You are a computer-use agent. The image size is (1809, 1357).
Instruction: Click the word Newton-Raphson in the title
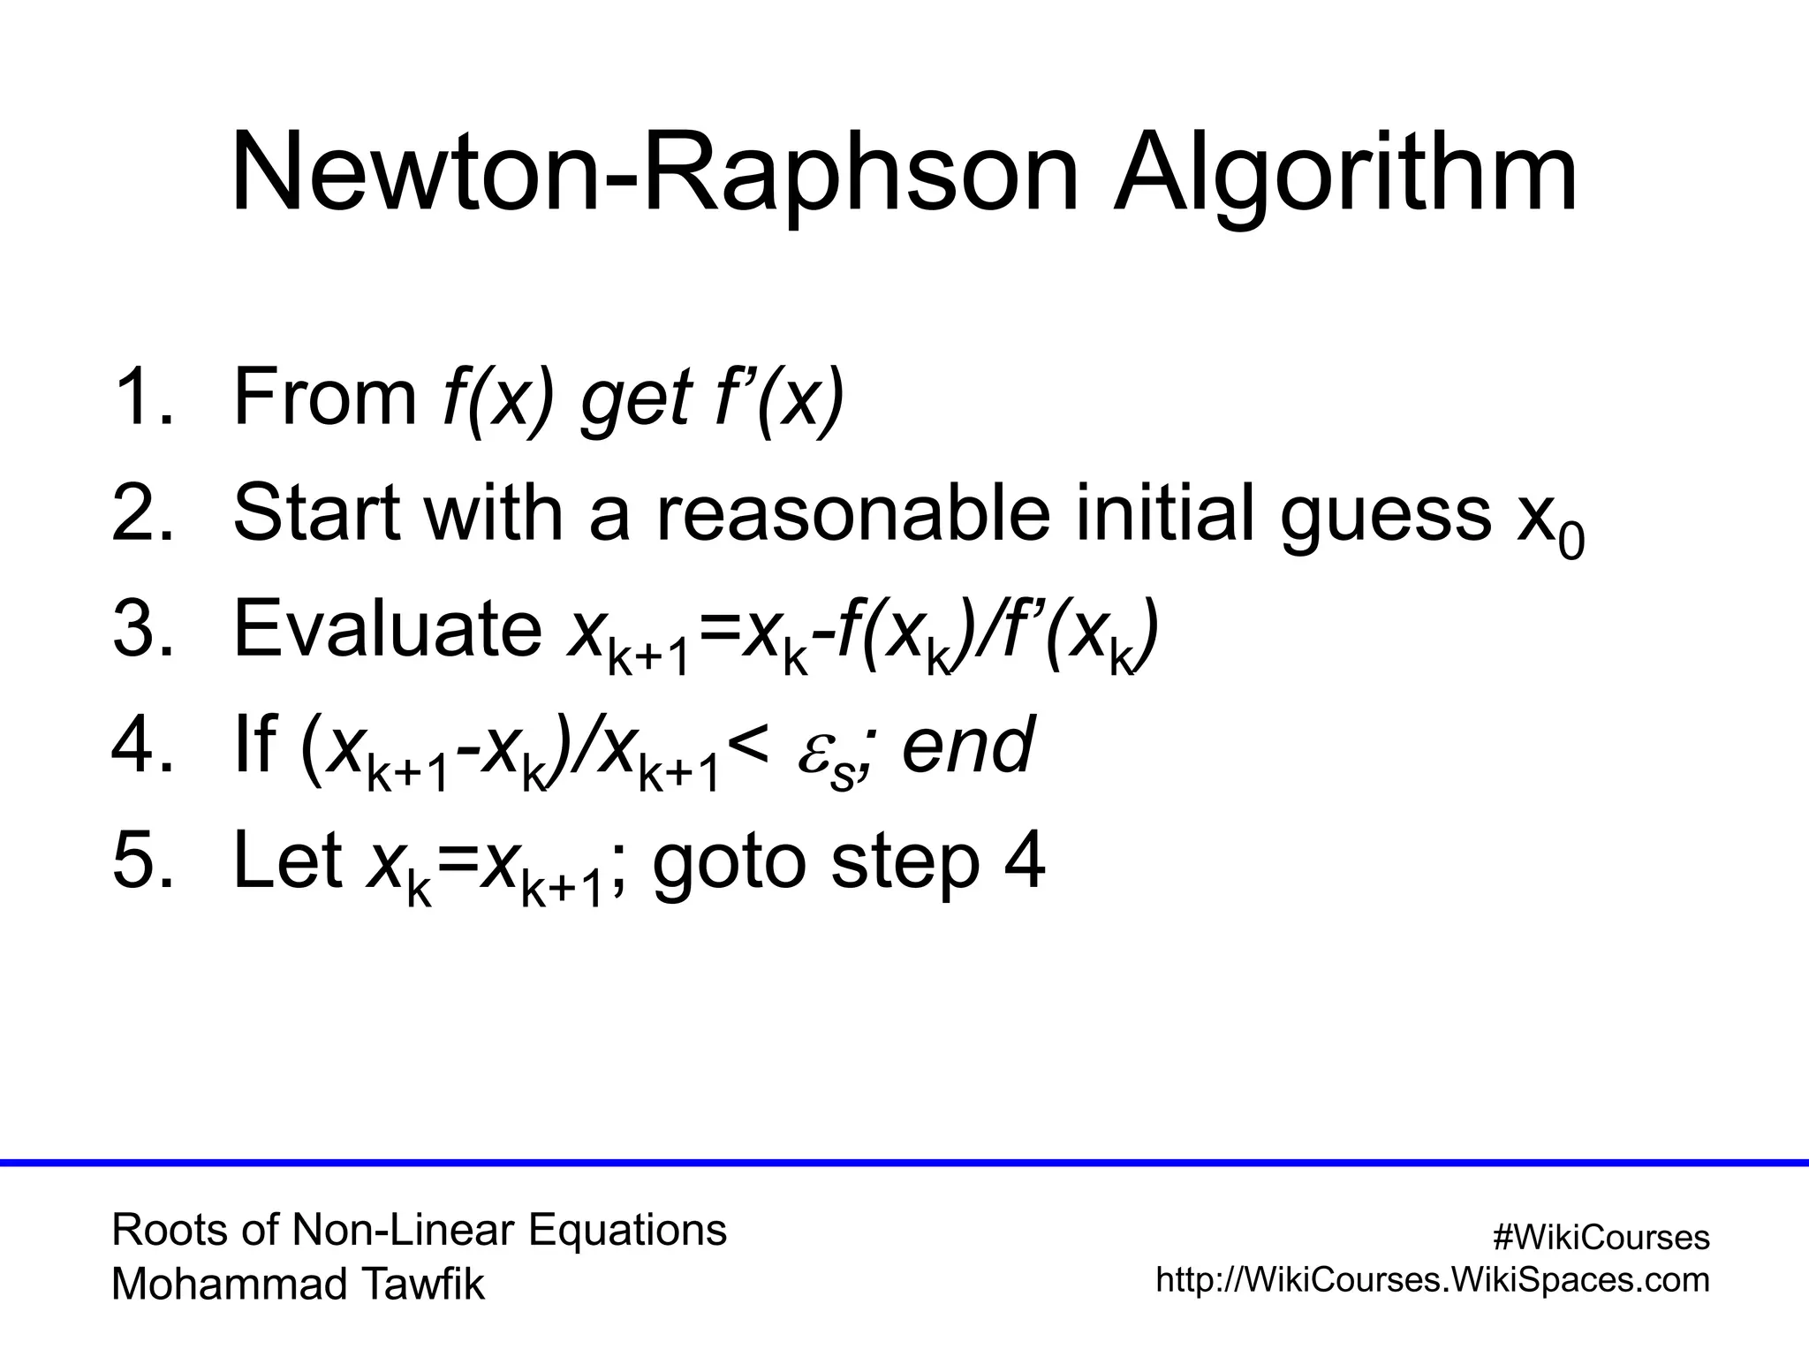click(655, 174)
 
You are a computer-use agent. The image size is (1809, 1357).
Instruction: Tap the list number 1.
click(141, 398)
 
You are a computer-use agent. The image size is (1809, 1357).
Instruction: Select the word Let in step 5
click(287, 860)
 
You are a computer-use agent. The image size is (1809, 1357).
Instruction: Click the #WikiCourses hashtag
click(1601, 1238)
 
